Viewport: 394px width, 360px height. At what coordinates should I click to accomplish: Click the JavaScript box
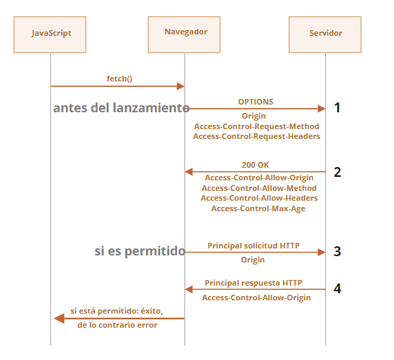(50, 34)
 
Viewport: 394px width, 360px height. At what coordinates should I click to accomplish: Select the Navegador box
(184, 34)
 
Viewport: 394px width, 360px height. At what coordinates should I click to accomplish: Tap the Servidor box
(325, 34)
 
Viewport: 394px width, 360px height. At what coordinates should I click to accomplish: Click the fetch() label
(119, 79)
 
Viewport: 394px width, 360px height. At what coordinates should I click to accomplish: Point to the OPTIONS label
(256, 102)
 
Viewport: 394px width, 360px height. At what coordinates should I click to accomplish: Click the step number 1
(337, 107)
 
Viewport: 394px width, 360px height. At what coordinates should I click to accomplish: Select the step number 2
(337, 172)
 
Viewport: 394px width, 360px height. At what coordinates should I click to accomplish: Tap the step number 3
(337, 251)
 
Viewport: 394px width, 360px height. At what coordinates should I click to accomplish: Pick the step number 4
(337, 288)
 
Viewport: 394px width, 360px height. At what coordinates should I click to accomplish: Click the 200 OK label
(256, 165)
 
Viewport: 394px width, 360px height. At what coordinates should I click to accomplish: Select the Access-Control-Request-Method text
(256, 126)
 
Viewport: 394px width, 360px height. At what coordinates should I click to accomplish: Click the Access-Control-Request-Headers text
(256, 136)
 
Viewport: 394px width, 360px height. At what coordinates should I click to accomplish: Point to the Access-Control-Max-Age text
(258, 208)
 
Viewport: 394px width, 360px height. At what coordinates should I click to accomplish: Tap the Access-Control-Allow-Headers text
(259, 198)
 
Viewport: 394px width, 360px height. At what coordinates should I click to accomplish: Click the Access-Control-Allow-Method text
(259, 188)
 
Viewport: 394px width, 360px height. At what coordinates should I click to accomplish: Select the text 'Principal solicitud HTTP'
(254, 246)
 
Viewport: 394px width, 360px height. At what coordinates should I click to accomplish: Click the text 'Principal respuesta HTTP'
(254, 283)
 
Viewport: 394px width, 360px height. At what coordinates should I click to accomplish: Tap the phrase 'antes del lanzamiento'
(122, 108)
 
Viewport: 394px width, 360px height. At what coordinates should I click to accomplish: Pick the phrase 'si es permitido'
(140, 251)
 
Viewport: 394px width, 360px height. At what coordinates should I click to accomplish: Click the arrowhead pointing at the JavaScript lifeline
(59, 319)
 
